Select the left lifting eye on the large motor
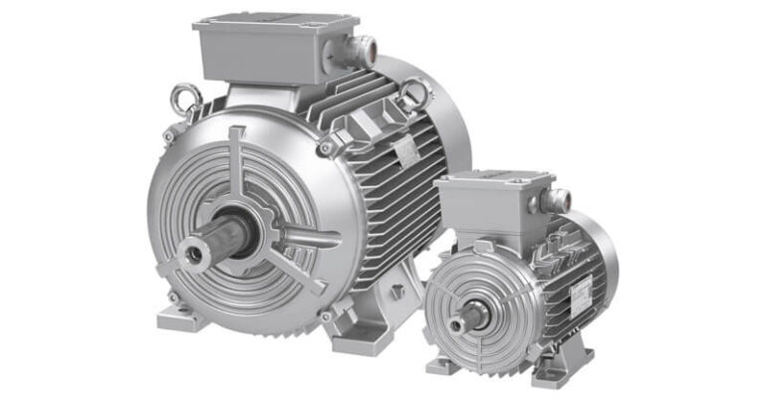(182, 98)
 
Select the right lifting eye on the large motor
(415, 94)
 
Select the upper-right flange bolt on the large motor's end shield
(325, 148)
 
